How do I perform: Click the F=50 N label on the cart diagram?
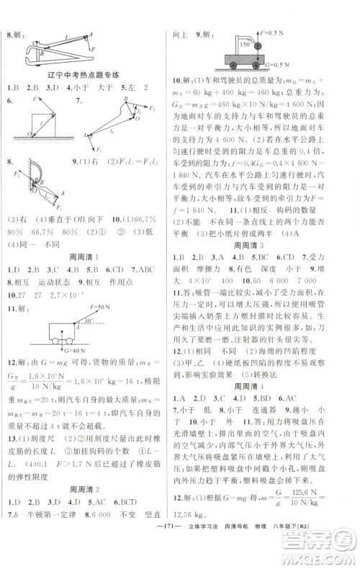point(102,305)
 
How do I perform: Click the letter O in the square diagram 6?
point(30,135)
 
